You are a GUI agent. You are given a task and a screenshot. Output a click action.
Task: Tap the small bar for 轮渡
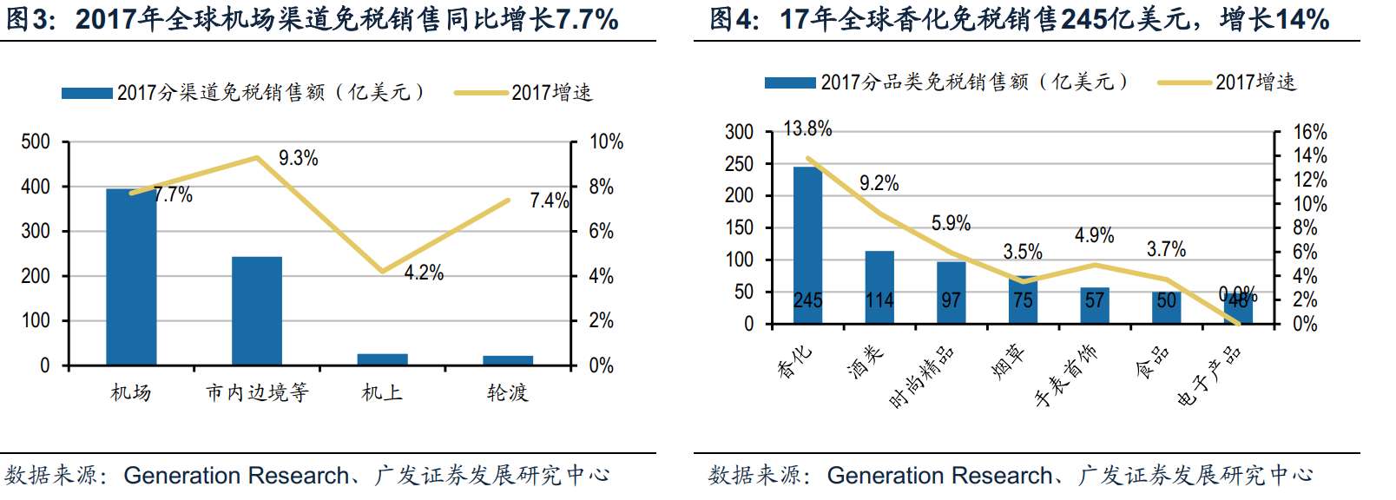508,360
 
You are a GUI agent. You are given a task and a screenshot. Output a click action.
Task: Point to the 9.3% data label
298,158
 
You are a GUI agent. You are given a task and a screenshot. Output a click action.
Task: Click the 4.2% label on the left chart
424,273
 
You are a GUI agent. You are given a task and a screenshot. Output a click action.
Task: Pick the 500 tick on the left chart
36,141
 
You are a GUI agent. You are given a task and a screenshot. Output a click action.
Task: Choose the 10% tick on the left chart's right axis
606,141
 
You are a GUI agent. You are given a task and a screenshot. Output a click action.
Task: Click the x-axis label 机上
382,392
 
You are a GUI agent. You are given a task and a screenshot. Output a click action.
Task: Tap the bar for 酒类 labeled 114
879,286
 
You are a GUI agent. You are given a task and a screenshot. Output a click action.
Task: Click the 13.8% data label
807,129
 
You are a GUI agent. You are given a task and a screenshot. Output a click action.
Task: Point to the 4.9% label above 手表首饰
1094,235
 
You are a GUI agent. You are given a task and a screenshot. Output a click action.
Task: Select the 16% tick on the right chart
1310,132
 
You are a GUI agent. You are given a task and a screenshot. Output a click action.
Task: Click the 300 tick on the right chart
739,132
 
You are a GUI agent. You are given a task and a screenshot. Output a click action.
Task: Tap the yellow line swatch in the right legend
1184,82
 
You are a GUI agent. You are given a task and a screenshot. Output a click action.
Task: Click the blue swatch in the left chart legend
87,93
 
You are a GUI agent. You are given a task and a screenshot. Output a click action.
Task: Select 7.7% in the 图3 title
586,19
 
